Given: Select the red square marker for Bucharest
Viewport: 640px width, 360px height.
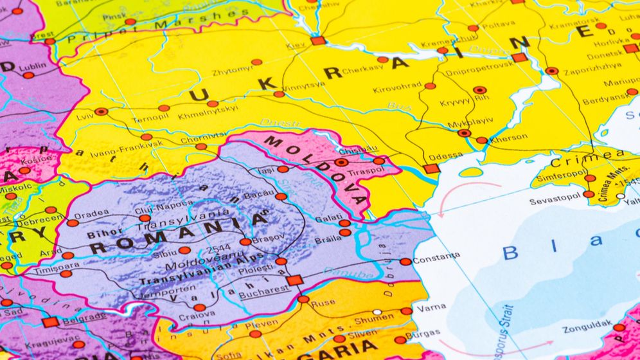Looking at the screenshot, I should pyautogui.click(x=295, y=280).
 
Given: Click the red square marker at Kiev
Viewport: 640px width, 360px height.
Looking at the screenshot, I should pyautogui.click(x=318, y=40).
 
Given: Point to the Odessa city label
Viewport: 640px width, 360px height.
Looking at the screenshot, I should pyautogui.click(x=445, y=155).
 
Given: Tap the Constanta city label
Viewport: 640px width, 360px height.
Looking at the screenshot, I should pyautogui.click(x=436, y=256).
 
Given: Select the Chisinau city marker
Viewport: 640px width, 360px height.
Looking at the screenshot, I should pyautogui.click(x=341, y=162).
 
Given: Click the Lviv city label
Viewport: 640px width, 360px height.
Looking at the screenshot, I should pyautogui.click(x=85, y=118).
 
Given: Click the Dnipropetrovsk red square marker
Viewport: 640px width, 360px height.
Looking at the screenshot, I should pyautogui.click(x=519, y=57).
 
